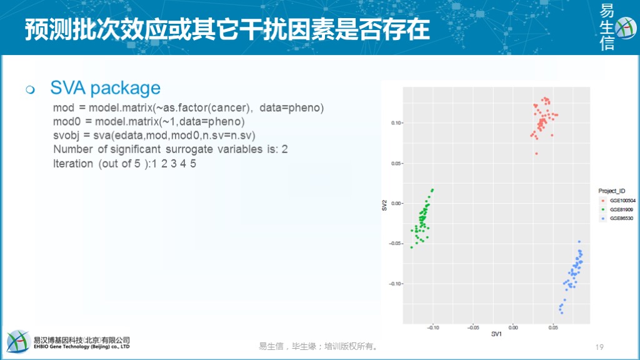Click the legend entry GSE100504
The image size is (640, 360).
(x=622, y=201)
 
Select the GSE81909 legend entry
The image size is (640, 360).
(x=621, y=209)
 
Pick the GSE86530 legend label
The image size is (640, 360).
(x=621, y=218)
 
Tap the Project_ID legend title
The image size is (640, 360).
(x=611, y=191)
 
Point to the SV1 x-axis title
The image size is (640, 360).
(x=496, y=334)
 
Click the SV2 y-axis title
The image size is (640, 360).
(x=384, y=205)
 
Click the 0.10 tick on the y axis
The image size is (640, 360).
(x=396, y=123)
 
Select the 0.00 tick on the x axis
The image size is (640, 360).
(x=513, y=327)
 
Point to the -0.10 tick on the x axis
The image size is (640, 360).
(x=433, y=327)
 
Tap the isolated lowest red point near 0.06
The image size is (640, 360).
(x=536, y=154)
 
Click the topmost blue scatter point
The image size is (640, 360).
(x=579, y=242)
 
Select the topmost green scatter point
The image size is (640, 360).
(x=432, y=190)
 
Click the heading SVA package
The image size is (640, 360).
(x=105, y=88)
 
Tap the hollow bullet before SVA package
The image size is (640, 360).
(x=30, y=89)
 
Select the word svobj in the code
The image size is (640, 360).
(x=66, y=136)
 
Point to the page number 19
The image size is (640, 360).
(x=599, y=347)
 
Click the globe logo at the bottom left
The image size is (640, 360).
(x=18, y=341)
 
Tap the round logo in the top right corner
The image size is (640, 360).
(x=625, y=27)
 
